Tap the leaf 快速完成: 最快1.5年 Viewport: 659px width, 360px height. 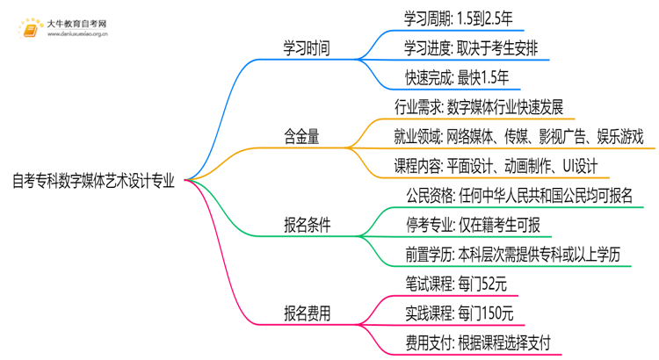point(451,78)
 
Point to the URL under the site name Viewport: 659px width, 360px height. point(76,36)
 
